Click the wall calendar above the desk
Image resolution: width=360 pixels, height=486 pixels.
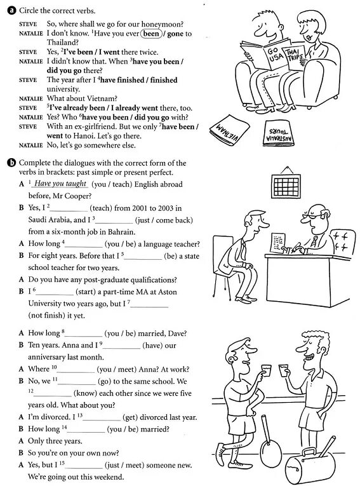pos(286,185)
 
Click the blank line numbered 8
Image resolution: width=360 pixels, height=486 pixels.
pos(83,332)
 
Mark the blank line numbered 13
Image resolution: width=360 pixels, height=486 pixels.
pos(102,417)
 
